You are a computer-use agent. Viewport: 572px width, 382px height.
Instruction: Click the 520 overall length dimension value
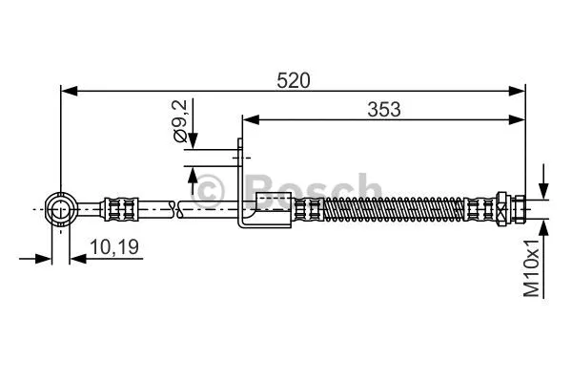click(x=295, y=81)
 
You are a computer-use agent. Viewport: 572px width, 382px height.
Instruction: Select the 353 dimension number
click(x=383, y=109)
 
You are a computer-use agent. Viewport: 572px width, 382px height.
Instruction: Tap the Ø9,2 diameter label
click(x=179, y=121)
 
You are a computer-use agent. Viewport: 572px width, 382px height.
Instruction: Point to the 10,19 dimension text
click(x=113, y=247)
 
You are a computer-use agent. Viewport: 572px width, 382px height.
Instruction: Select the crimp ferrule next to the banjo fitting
click(x=122, y=206)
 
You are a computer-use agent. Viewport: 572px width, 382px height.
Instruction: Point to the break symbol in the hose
click(x=173, y=206)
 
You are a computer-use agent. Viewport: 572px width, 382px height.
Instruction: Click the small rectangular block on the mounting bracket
click(x=273, y=202)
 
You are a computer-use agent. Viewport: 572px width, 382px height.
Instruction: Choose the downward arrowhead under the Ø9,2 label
click(x=194, y=142)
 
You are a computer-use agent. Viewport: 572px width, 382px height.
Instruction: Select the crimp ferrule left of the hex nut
click(x=480, y=207)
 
